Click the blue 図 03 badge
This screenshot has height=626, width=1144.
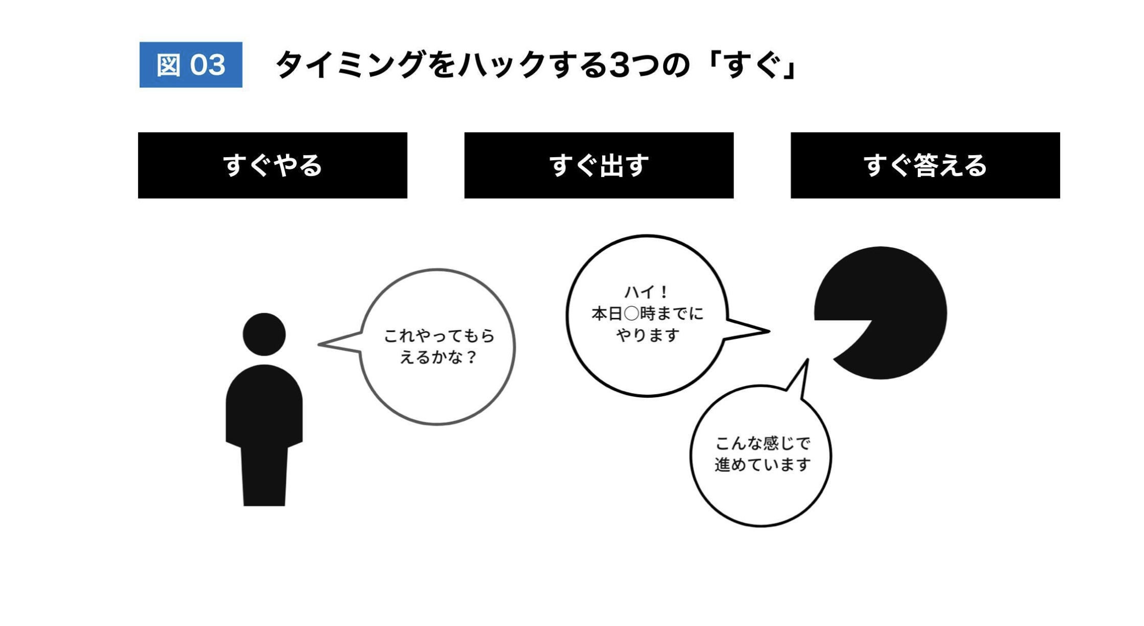[x=191, y=64]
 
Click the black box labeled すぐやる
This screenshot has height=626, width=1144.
[x=273, y=165]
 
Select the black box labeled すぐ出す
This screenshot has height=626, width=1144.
[x=599, y=165]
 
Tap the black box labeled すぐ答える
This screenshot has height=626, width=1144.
[x=925, y=165]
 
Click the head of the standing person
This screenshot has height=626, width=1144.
[x=264, y=334]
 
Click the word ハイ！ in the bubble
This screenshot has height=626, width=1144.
[x=647, y=292]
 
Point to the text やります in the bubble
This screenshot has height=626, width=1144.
[x=648, y=335]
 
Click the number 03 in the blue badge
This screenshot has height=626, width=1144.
[x=208, y=65]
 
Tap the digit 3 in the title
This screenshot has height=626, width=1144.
[x=620, y=65]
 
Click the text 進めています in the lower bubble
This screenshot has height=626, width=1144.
[x=762, y=465]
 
